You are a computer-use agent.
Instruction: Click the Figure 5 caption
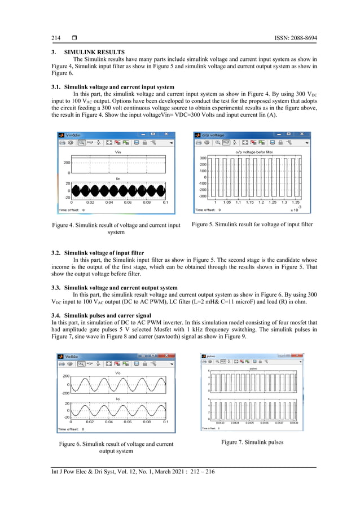[252, 225]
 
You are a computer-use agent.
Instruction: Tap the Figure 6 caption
[116, 447]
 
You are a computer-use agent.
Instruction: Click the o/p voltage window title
[214, 135]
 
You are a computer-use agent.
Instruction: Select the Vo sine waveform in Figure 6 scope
[118, 383]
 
